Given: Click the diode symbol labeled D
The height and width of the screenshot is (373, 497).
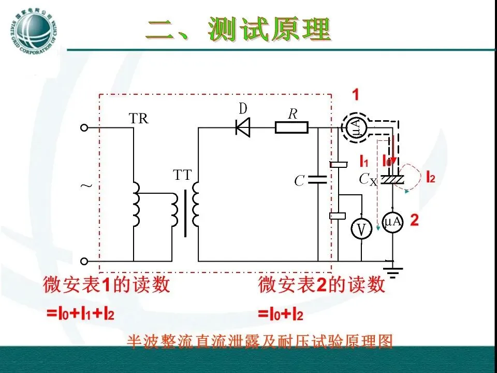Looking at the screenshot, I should click(x=242, y=127).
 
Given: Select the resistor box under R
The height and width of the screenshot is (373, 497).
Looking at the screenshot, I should click(x=291, y=127).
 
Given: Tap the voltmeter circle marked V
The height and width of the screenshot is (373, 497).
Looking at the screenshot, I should click(x=362, y=228).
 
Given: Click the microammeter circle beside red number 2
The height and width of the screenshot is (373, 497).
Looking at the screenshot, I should click(x=393, y=222).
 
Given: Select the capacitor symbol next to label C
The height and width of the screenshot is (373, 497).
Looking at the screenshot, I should click(x=317, y=180).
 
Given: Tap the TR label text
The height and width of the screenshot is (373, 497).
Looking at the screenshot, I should click(x=138, y=119).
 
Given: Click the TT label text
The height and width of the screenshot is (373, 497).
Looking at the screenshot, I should click(x=182, y=176).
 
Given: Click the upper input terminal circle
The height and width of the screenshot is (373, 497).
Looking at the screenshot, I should click(x=85, y=127).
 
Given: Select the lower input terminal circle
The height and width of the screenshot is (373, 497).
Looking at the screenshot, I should click(x=85, y=261).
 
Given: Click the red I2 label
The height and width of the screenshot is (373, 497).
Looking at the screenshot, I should click(x=430, y=178).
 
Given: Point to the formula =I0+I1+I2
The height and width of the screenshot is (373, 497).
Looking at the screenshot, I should click(x=80, y=313).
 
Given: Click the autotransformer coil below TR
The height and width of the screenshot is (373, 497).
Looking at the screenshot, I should click(x=136, y=204).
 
